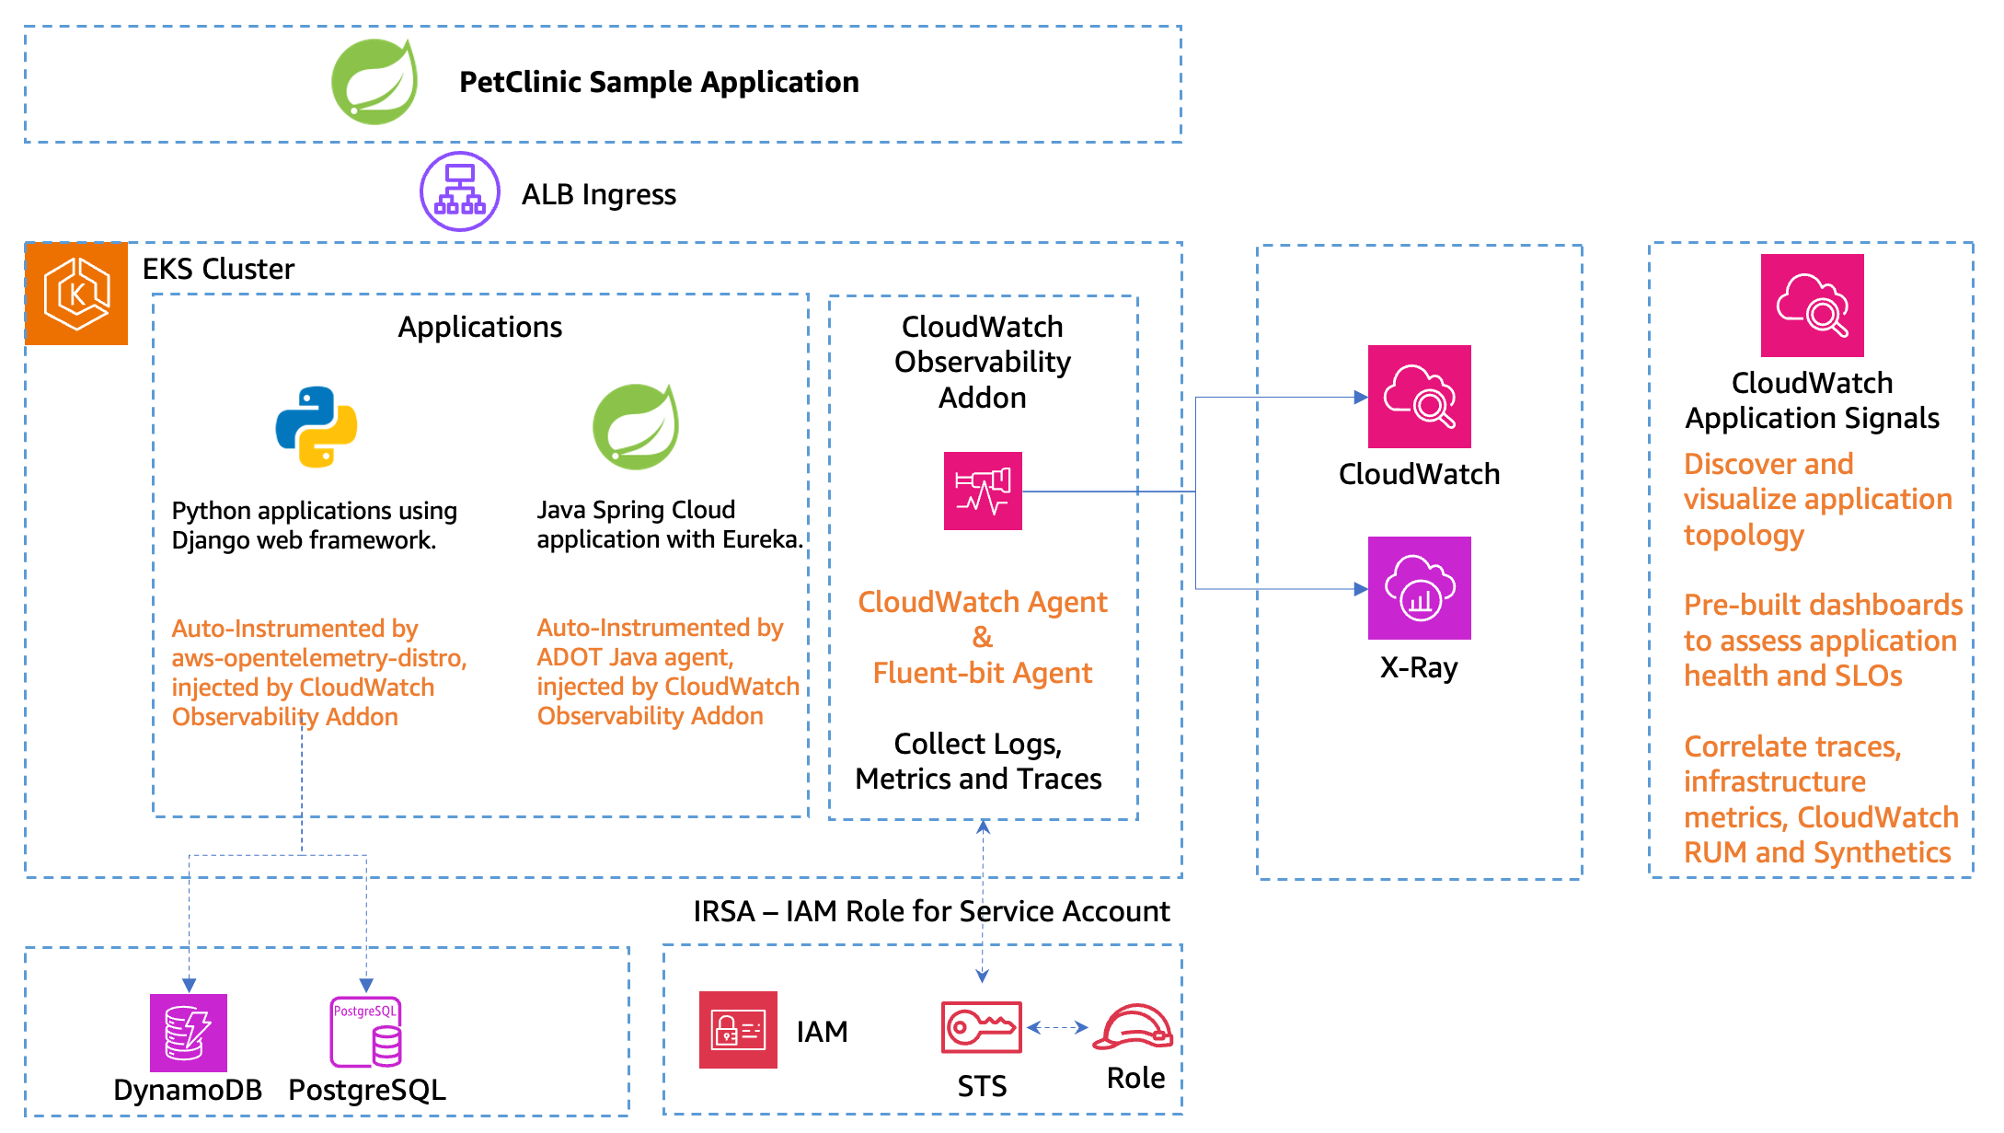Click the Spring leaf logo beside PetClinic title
[374, 83]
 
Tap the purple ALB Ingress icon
[459, 191]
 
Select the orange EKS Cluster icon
[77, 294]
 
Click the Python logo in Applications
[317, 426]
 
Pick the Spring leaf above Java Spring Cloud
[636, 427]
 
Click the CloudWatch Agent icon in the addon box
[983, 491]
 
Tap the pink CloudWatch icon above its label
[1419, 397]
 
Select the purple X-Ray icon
[1419, 588]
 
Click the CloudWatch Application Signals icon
[1812, 306]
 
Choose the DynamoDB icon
[189, 1033]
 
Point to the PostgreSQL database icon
[366, 1033]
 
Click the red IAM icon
[738, 1030]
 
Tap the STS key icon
[982, 1027]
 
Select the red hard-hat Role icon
[1134, 1027]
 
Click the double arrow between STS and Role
[1057, 1027]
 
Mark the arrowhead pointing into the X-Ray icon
[1361, 589]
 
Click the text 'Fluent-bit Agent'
[982, 673]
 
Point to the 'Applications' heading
[479, 327]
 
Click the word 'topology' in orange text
[1744, 535]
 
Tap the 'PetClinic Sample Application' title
[659, 82]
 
